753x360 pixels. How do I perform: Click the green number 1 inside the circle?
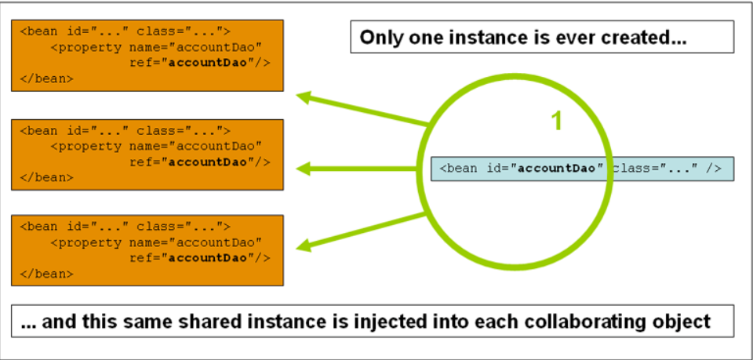tap(556, 120)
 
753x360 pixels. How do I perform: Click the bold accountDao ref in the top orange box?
tap(209, 63)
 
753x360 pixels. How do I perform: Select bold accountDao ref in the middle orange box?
tap(209, 162)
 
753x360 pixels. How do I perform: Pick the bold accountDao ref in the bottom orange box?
tap(209, 258)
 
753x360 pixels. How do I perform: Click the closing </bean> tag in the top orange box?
tap(47, 78)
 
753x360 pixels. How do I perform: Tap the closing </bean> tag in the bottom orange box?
tap(47, 274)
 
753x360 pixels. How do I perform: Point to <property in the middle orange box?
tap(86, 147)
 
